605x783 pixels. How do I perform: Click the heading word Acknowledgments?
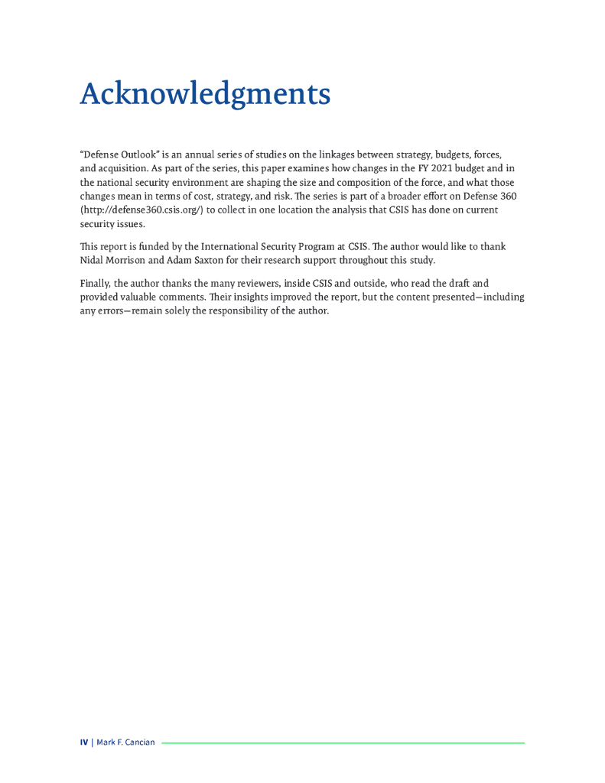(205, 94)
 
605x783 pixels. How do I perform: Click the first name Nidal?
(93, 260)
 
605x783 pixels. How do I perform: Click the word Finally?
(95, 283)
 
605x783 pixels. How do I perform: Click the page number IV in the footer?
(84, 742)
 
